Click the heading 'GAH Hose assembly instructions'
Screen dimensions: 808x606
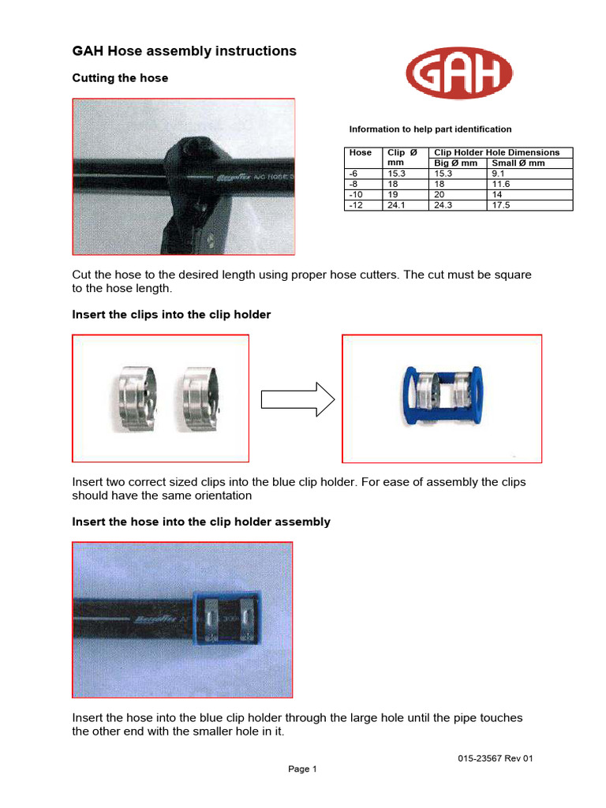click(185, 51)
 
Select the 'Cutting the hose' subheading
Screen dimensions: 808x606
click(120, 78)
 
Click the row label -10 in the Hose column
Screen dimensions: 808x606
click(357, 194)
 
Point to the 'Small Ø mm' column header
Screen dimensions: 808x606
click(518, 163)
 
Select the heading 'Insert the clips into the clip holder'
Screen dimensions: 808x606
click(171, 315)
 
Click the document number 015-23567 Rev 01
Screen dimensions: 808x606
click(496, 759)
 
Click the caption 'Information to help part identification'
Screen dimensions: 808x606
click(430, 129)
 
